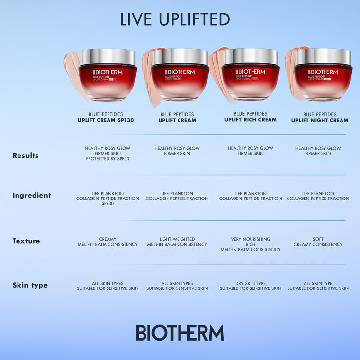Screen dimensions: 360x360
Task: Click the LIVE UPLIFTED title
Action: click(x=175, y=19)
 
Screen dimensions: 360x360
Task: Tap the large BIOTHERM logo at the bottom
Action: click(x=180, y=333)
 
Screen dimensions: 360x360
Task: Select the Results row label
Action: click(x=25, y=156)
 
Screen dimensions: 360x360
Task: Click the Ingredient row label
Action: click(x=32, y=195)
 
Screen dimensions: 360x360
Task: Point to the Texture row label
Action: click(x=26, y=241)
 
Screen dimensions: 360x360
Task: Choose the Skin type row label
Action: click(x=30, y=285)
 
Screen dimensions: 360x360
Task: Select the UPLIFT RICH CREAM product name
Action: click(x=251, y=120)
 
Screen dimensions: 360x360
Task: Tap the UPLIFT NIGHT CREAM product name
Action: click(x=320, y=120)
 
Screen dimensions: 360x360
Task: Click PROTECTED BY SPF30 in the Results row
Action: click(x=108, y=159)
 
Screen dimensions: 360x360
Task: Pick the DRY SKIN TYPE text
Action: click(x=251, y=283)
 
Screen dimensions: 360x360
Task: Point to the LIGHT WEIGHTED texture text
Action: click(x=177, y=239)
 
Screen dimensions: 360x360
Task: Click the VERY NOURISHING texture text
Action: click(x=251, y=239)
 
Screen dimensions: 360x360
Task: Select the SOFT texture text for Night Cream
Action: click(x=318, y=239)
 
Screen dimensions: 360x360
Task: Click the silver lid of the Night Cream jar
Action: click(x=323, y=56)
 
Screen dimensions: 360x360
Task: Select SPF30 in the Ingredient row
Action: click(x=108, y=204)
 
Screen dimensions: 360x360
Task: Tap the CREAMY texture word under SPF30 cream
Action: click(x=108, y=239)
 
